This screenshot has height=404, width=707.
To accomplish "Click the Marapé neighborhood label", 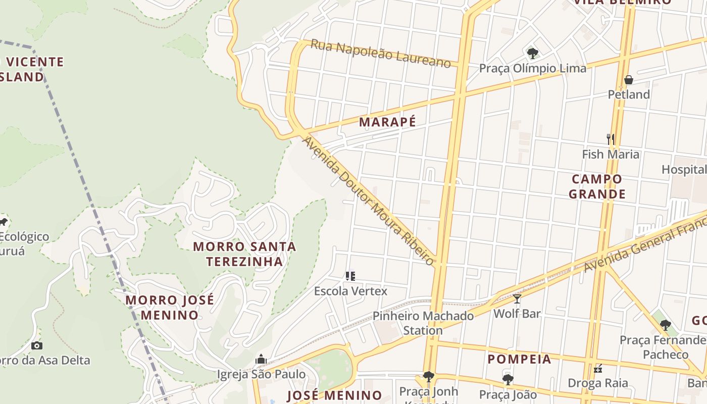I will (387, 122).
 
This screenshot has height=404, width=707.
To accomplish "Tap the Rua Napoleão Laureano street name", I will (380, 54).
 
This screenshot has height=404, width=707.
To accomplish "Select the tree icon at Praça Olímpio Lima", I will (532, 53).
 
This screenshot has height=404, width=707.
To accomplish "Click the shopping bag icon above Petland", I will (629, 80).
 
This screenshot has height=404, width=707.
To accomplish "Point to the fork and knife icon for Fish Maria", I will (611, 139).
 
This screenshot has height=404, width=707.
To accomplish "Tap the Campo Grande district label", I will (597, 186).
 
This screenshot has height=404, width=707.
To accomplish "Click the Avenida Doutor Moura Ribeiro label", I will (368, 200).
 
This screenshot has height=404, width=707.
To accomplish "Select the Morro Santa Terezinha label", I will (244, 254).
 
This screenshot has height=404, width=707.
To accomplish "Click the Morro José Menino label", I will (170, 307).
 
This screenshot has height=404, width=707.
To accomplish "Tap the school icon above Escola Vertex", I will (350, 276).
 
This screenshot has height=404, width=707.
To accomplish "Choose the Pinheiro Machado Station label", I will (423, 323).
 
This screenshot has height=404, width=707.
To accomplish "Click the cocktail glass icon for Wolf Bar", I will (517, 299).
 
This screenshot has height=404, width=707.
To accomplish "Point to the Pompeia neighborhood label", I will (519, 359).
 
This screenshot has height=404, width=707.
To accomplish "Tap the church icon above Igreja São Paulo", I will (261, 360).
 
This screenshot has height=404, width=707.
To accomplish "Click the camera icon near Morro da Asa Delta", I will (37, 346).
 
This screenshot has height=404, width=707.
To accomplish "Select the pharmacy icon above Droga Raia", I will (598, 369).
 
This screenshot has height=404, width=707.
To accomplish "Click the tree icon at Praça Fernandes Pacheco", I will (666, 325).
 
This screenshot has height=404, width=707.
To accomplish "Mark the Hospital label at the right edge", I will (684, 170).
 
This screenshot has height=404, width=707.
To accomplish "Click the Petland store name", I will (629, 94).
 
